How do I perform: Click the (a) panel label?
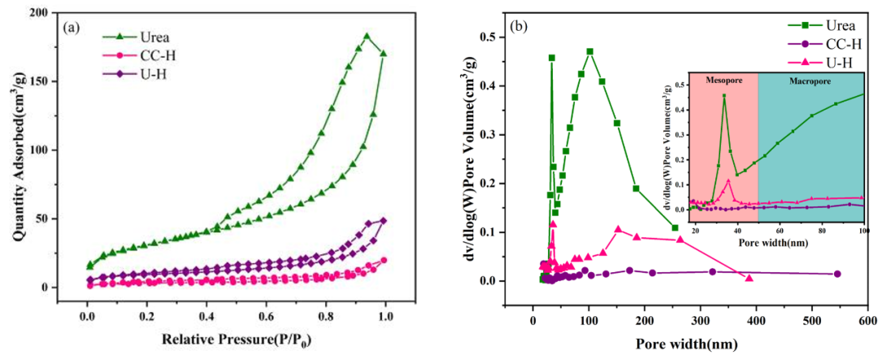click(72, 26)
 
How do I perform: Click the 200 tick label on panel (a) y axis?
click(36, 13)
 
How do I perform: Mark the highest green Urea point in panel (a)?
click(367, 36)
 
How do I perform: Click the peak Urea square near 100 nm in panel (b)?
click(589, 52)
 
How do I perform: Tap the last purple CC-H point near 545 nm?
click(837, 274)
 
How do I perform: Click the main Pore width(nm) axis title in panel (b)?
click(687, 343)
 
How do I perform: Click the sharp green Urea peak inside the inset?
click(724, 96)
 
